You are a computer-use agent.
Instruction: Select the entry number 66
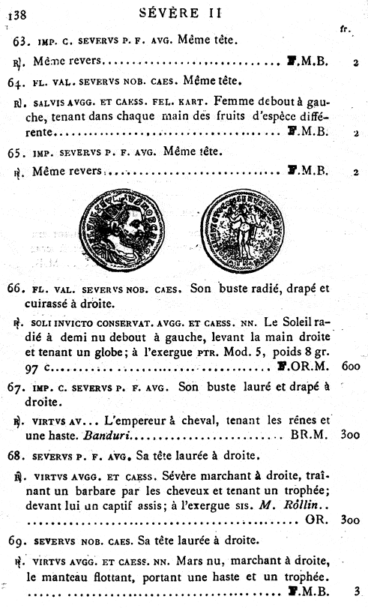click(16, 288)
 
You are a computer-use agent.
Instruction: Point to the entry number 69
click(16, 541)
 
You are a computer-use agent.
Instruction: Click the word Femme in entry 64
click(232, 100)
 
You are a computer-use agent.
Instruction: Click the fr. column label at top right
click(345, 29)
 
